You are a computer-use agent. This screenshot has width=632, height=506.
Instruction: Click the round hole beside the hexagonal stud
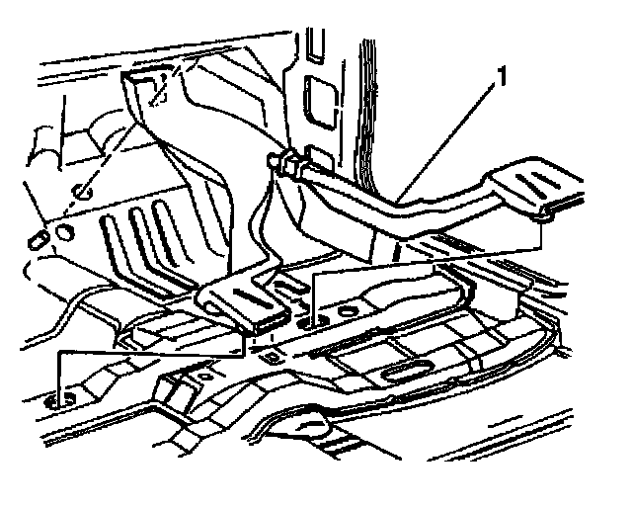coord(64,233)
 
